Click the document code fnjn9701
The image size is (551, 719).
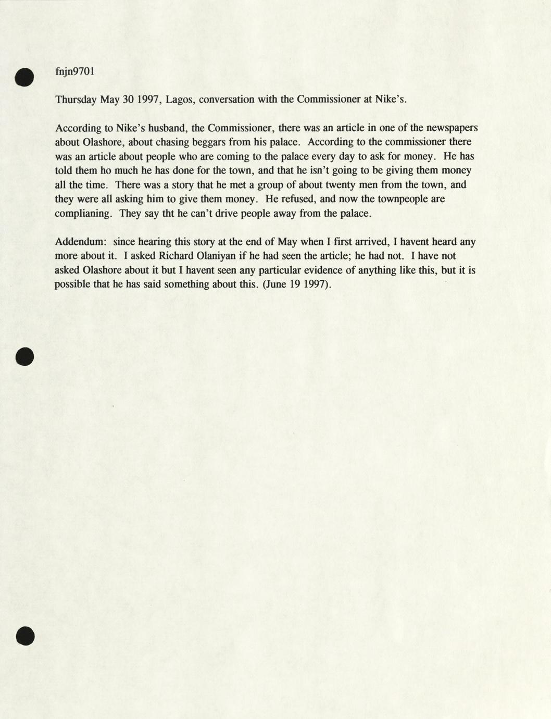point(74,72)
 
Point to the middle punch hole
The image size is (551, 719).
point(24,356)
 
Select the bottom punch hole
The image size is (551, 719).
point(24,636)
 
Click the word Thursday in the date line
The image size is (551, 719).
point(76,100)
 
